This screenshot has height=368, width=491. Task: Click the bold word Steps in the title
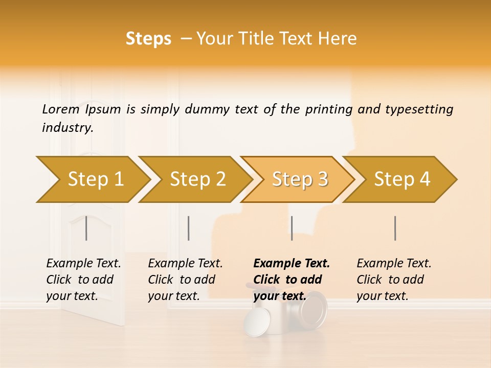coord(148,39)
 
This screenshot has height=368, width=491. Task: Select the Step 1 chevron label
coord(96,179)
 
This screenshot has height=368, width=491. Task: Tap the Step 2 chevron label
coord(198,179)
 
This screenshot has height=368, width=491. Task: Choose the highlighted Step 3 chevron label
coord(300,179)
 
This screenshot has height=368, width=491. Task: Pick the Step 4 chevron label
coord(402,179)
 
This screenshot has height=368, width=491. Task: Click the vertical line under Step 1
coord(86,228)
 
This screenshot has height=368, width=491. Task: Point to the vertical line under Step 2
coord(189,228)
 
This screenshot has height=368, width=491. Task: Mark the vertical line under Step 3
coord(292,228)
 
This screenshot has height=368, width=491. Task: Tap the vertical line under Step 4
coord(395,228)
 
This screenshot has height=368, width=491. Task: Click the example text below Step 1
coord(83,280)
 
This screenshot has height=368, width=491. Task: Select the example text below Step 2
coord(185,280)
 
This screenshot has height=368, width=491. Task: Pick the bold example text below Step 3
coord(292,280)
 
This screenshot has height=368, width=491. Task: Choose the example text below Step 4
coord(394,280)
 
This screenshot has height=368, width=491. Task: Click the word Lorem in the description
coord(60,109)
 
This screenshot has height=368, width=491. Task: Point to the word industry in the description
coord(68,128)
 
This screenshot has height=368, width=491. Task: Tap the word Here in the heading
coord(338,39)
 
